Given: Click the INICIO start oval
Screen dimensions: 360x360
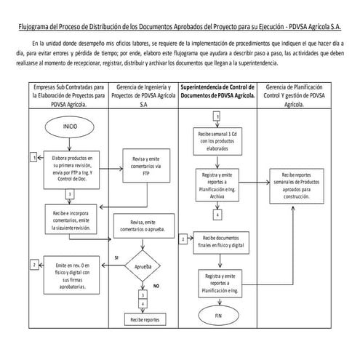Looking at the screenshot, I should [x=70, y=125].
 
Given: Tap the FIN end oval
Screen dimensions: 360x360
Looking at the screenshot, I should [x=219, y=317].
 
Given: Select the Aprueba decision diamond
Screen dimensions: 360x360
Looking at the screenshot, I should [x=143, y=266].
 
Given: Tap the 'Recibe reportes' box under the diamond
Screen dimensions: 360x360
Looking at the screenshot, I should [x=143, y=319].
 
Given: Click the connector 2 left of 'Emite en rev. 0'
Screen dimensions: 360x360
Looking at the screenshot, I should [x=34, y=265].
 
